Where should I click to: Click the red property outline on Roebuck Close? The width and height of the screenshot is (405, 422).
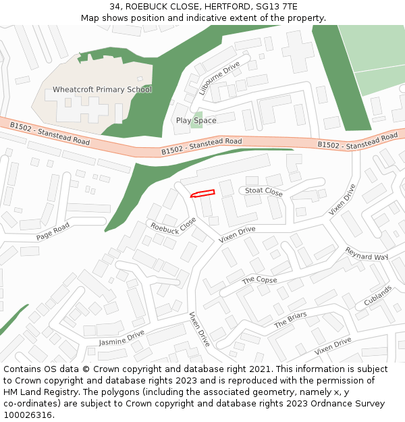(202, 194)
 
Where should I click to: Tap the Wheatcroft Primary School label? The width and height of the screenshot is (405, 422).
(102, 90)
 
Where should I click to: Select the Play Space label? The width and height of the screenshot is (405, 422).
(196, 121)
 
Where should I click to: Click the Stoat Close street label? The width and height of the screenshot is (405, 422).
(263, 192)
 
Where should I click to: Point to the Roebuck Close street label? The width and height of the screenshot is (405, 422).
(173, 226)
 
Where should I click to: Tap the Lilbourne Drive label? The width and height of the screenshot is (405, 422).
(219, 80)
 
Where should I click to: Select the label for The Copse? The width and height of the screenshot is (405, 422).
(259, 280)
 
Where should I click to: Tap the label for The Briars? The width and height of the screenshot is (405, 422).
(290, 320)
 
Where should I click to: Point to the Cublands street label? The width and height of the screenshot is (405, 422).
(378, 296)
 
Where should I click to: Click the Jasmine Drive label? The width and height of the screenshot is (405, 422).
(122, 339)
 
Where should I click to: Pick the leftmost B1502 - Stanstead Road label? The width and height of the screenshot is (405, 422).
(49, 134)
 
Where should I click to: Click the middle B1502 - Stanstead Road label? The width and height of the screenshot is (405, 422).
(201, 146)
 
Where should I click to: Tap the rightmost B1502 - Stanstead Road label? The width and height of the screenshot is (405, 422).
(357, 141)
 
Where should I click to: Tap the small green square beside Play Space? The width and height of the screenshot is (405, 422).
(196, 122)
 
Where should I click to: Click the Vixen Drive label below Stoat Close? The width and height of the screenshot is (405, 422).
(237, 234)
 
